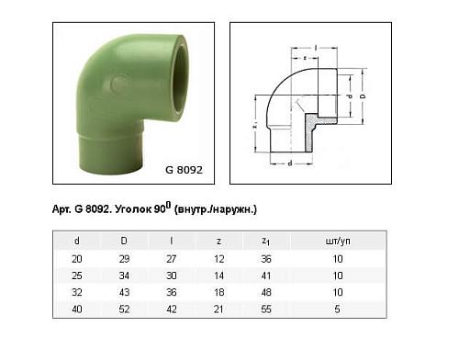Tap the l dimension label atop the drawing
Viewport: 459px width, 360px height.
(315, 46)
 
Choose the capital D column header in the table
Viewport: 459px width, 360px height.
(124, 241)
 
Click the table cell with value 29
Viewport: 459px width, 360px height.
(124, 260)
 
